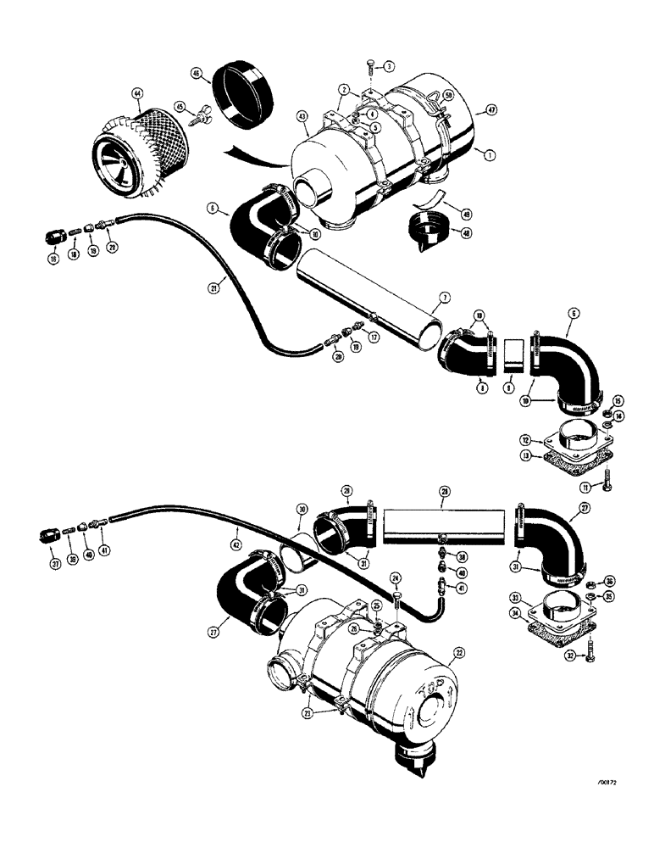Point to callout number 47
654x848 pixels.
pos(485,109)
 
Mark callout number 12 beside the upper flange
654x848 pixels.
pos(526,439)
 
